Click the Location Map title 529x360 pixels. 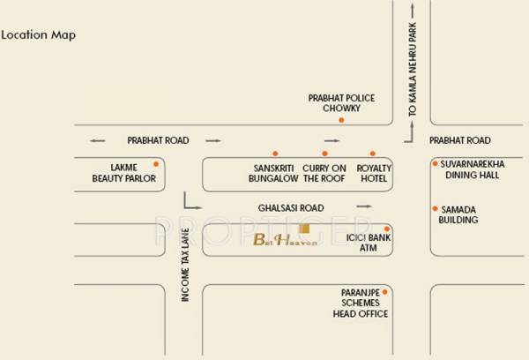point(38,35)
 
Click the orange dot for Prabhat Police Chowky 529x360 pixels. point(340,119)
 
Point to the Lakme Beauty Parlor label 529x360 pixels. point(123,172)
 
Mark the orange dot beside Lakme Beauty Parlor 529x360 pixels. point(156,164)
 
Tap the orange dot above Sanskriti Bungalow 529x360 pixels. point(274,154)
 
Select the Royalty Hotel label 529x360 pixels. point(374,172)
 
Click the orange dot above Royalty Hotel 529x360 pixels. point(373,154)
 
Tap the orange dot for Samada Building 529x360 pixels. point(434,208)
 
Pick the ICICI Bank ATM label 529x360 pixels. point(369,243)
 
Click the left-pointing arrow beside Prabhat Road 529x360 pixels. point(97,140)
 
